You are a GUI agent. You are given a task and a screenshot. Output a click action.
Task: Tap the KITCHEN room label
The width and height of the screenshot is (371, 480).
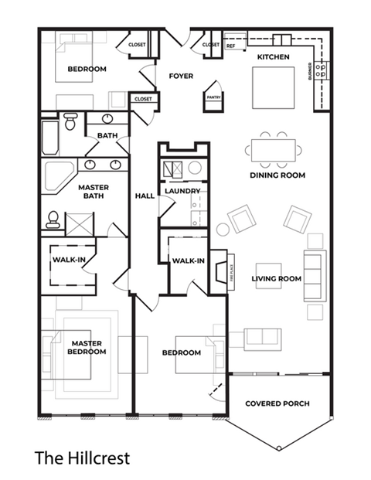(273, 57)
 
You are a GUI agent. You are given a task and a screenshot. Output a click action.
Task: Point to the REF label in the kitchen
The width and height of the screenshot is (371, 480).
(230, 46)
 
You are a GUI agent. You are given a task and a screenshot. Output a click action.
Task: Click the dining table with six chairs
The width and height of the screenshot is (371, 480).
(271, 148)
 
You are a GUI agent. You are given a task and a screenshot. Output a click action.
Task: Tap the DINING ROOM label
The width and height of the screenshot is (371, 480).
(277, 175)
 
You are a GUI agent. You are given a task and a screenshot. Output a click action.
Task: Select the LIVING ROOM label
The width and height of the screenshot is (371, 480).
(276, 278)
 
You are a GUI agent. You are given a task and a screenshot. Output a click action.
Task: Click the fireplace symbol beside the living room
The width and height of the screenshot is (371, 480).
(220, 272)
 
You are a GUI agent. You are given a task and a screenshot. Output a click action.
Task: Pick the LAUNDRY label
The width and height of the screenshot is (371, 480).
(182, 191)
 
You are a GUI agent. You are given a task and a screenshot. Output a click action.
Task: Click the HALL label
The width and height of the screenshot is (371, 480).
(144, 196)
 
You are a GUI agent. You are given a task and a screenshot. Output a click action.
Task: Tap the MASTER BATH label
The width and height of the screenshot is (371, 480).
(94, 192)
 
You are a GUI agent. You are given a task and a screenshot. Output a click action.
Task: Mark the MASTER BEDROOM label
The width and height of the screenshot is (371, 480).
(87, 347)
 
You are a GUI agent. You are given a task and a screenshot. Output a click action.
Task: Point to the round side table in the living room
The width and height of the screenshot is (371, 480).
(223, 229)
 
